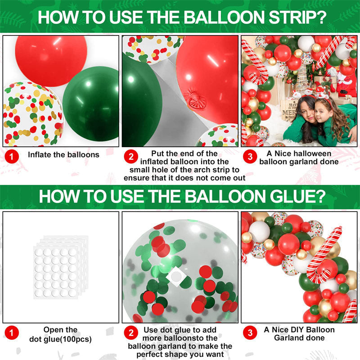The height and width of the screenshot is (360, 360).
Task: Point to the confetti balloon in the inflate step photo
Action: coord(31,115)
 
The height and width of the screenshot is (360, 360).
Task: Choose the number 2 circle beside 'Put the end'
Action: coord(131,157)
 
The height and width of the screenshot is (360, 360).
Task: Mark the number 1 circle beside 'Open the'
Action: coord(12,334)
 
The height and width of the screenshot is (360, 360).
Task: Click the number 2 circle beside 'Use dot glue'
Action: coord(131,334)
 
